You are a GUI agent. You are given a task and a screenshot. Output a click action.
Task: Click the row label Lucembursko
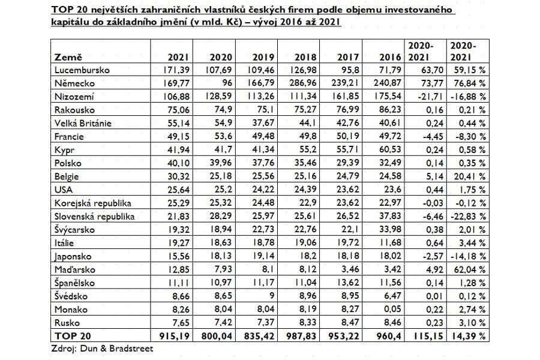[x=82, y=70]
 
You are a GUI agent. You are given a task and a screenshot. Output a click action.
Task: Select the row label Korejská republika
[x=92, y=203]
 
